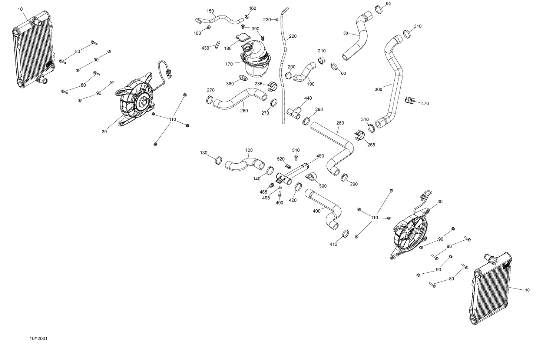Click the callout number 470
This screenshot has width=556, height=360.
425,104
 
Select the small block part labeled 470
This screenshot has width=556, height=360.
410,100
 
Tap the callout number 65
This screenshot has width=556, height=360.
388,4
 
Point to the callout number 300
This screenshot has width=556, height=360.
378,89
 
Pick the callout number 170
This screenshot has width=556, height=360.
229,64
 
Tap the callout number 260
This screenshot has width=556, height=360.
340,123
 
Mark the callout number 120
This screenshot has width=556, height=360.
249,150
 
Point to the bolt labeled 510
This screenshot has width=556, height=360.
296,157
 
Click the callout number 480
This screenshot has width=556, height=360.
320,156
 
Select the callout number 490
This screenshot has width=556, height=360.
279,203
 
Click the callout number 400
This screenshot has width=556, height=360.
317,211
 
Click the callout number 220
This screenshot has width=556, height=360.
292,36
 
